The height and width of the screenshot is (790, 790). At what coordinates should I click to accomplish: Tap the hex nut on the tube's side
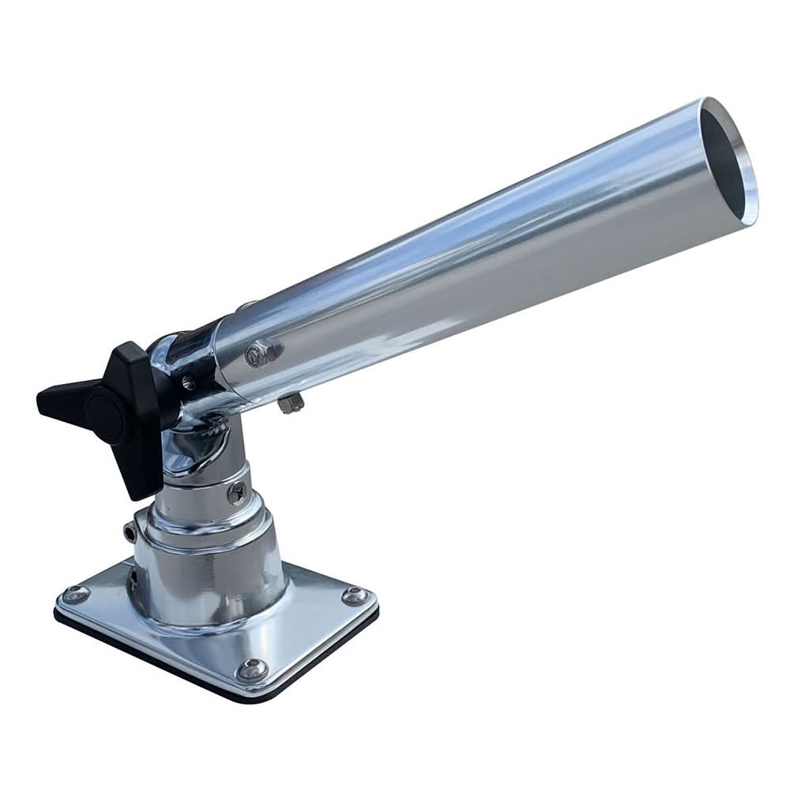point(258,353)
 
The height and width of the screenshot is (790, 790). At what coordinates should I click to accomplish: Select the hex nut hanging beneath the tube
point(290,404)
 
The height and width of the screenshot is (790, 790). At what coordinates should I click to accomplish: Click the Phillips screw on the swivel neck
point(236,493)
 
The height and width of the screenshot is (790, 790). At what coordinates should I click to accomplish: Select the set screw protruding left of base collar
point(129,533)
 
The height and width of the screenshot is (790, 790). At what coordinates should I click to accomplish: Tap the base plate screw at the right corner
point(353,596)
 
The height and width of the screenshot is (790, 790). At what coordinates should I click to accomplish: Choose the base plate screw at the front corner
point(251,670)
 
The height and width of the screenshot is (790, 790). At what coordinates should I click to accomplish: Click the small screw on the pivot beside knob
point(187,383)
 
